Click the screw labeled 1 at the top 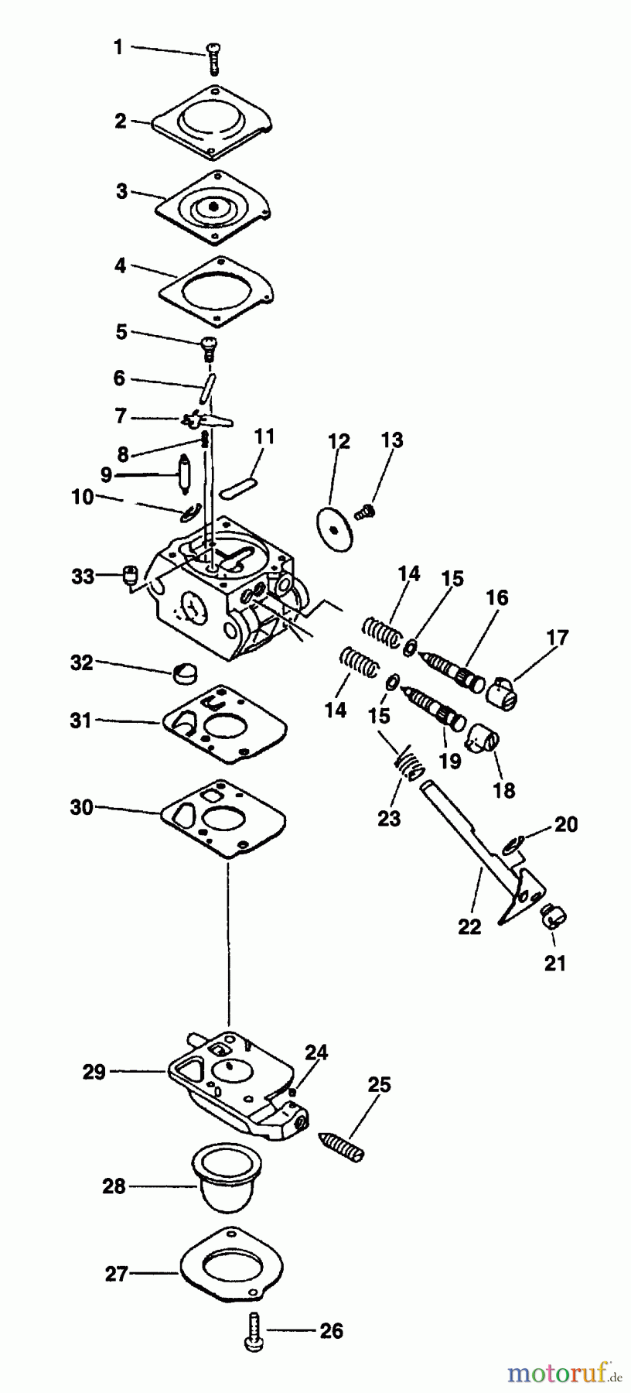[213, 60]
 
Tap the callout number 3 [121, 191]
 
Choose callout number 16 [497, 597]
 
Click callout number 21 [555, 963]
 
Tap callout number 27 [116, 1273]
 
